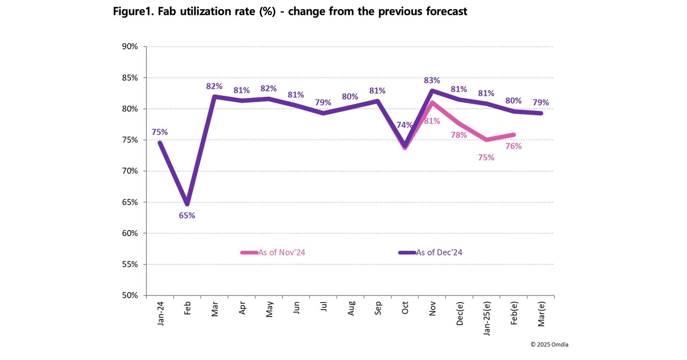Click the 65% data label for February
coord(187,215)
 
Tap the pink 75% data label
coord(486,157)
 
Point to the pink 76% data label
coord(513,146)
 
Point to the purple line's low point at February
coord(187,203)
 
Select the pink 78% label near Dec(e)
coord(459,135)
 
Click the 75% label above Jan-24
coord(160,132)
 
